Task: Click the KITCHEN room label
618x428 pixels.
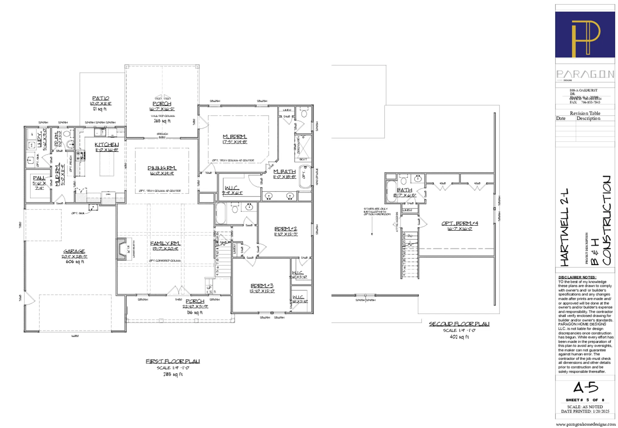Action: click(107, 144)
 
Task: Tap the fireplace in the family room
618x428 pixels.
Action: click(121, 248)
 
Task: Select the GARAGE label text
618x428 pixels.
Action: click(74, 251)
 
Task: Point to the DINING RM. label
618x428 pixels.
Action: click(162, 168)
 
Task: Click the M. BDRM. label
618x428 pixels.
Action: click(235, 136)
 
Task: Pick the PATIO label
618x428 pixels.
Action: click(101, 98)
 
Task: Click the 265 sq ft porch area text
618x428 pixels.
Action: click(162, 121)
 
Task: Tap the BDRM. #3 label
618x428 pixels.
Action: click(262, 286)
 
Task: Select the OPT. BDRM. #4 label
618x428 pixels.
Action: click(460, 223)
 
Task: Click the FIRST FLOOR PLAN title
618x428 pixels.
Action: click(173, 361)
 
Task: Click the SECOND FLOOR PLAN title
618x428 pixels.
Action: click(459, 324)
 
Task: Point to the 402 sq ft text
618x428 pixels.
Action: click(459, 337)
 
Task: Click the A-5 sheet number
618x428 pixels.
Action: click(586, 388)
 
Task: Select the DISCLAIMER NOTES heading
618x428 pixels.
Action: click(577, 277)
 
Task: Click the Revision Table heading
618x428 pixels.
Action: click(585, 113)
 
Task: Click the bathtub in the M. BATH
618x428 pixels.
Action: click(305, 177)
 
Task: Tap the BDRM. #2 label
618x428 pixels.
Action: click(286, 229)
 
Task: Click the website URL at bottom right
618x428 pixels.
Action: click(586, 424)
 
